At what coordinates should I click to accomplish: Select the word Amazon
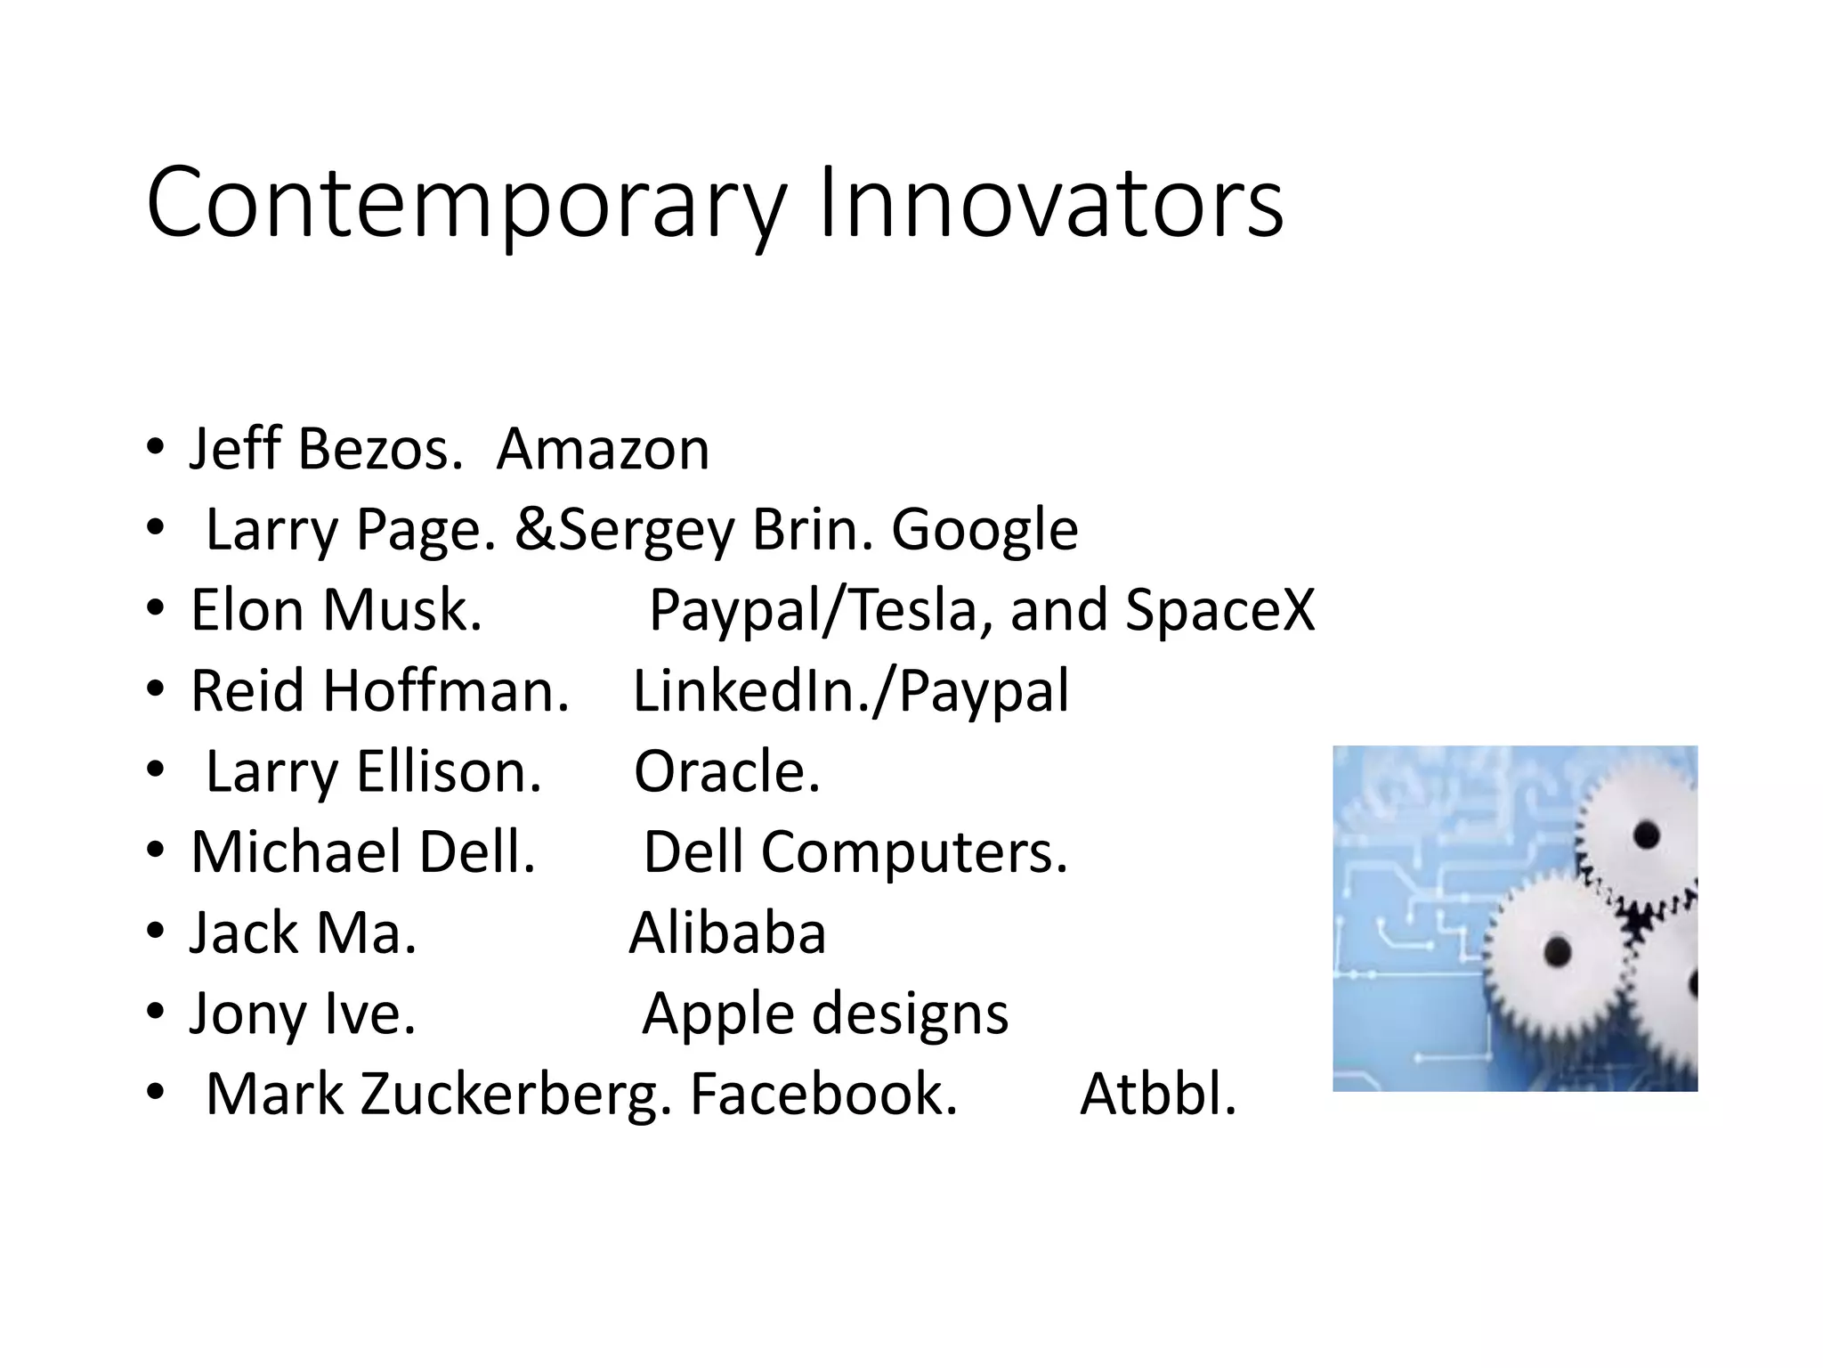pos(603,449)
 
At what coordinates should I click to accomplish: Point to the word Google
pos(984,531)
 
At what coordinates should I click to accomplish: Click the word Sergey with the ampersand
pos(624,531)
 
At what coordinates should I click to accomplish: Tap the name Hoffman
pos(446,692)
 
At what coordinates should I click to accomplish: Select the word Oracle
pos(725,772)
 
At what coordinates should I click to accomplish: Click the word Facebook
pos(823,1095)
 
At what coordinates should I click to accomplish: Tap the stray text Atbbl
pos(1157,1095)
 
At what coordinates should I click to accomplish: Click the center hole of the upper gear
pos(1647,835)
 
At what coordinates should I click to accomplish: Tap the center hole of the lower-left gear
pos(1556,952)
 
